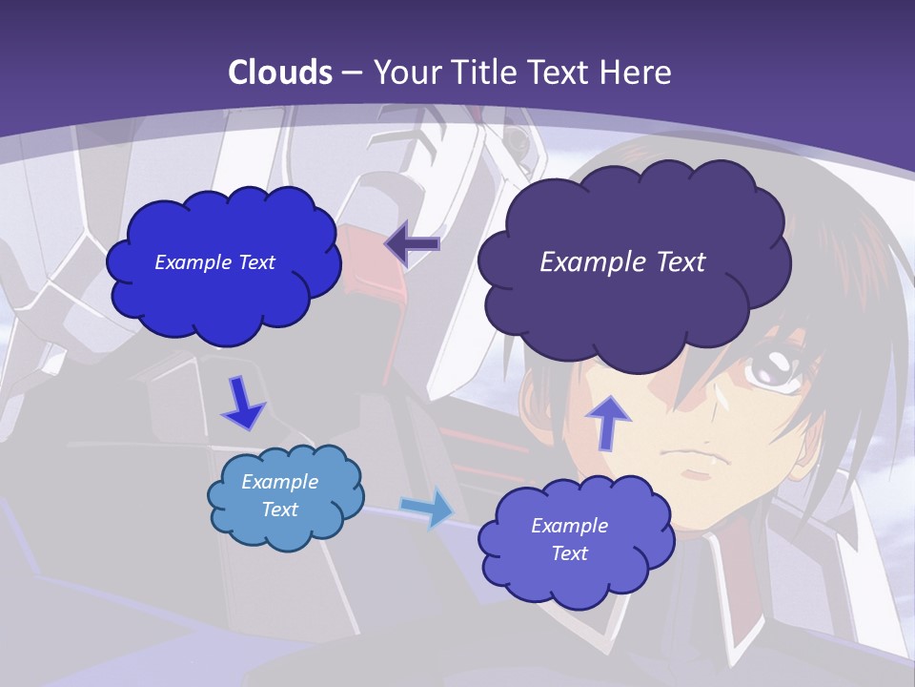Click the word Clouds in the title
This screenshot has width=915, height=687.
(x=281, y=73)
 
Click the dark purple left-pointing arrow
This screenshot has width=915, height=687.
(x=413, y=244)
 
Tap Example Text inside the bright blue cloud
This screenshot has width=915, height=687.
(x=215, y=262)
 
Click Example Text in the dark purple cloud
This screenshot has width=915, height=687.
(x=622, y=262)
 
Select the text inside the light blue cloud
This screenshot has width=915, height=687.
(x=280, y=495)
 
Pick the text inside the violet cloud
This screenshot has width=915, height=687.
(x=569, y=539)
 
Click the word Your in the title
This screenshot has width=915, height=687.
(x=408, y=73)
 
